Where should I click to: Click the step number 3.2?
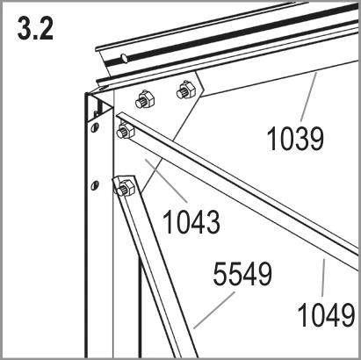pos(35,28)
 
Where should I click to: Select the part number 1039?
pos(295,139)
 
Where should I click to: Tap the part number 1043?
pos(191,221)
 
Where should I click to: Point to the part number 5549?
pos(242,274)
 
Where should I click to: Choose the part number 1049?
pos(326,314)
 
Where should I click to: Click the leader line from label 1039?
pos(308,97)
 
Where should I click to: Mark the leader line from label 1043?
pos(166,181)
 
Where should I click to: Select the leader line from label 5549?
pos(214,310)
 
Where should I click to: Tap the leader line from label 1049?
pos(323,277)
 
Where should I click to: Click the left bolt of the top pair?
pos(144,99)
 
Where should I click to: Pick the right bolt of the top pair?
pos(185,90)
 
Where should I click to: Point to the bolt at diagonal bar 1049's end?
pos(126,131)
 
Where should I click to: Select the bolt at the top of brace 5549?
pos(126,187)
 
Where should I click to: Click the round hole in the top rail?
pos(125,58)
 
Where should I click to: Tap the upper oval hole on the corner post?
pos(95,127)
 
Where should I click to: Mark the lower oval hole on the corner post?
pos(95,185)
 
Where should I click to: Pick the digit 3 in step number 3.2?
pos(25,28)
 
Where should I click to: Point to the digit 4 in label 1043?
pos(199,221)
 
